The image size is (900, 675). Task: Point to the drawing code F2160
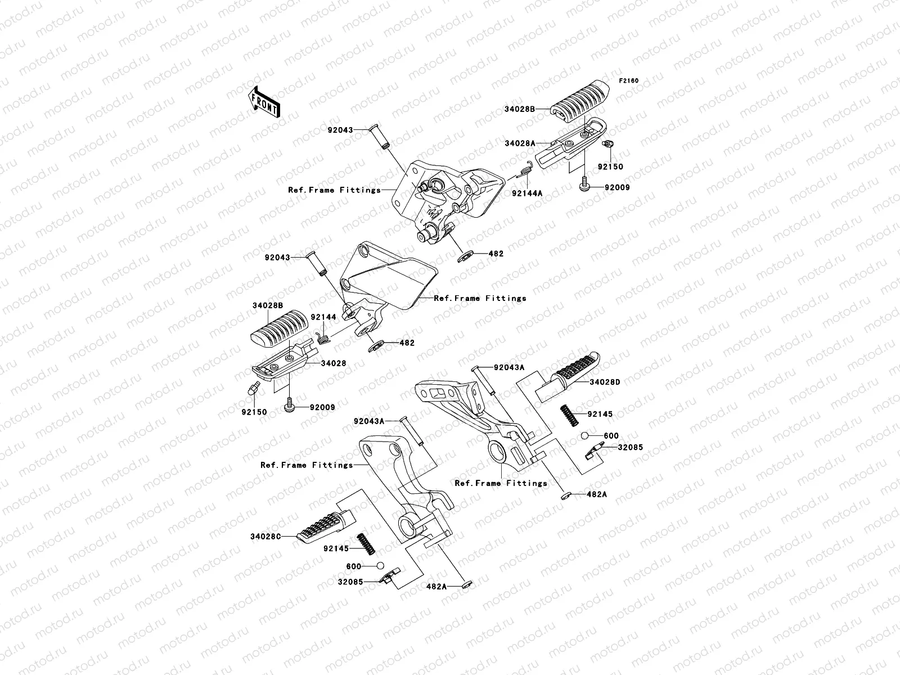[x=629, y=81]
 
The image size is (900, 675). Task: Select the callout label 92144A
[x=527, y=193]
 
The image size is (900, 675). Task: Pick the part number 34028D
[x=605, y=382]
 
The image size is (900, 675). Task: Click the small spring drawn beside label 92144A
[x=525, y=169]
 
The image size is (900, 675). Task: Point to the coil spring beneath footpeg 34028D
[x=570, y=417]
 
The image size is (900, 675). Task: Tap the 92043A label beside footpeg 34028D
[x=509, y=367]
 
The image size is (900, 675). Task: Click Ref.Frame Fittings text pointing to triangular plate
[x=480, y=298]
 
